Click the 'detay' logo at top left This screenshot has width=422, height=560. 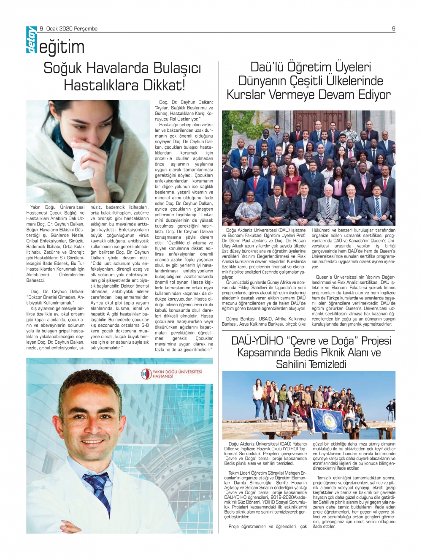click(31, 41)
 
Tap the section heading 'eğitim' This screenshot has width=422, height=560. click(62, 47)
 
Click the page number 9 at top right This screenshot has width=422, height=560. click(393, 29)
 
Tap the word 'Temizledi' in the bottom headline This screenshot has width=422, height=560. click(327, 364)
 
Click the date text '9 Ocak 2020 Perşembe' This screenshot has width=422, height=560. click(69, 29)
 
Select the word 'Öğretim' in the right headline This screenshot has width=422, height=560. click(311, 67)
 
